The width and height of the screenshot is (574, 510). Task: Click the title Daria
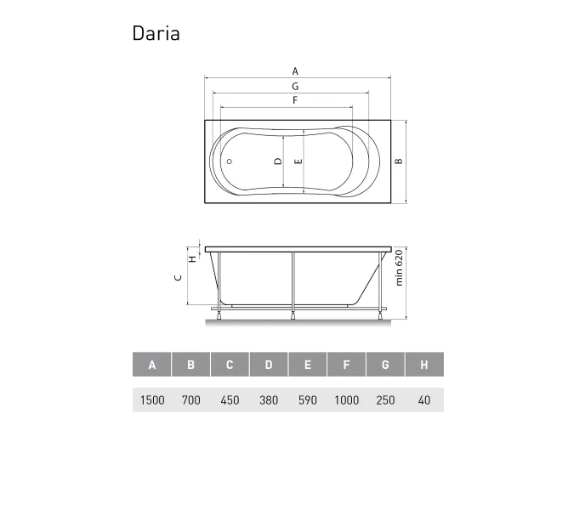(x=156, y=33)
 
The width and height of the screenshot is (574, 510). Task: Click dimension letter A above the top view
(x=294, y=71)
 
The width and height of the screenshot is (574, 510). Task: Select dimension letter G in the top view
(x=294, y=87)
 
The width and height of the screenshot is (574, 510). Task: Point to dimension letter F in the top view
(x=294, y=100)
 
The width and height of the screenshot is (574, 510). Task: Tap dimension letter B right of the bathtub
(x=397, y=161)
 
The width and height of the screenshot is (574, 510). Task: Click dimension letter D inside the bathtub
(x=276, y=161)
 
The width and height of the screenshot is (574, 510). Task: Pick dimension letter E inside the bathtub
(x=298, y=161)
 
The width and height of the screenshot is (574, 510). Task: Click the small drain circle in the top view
(x=227, y=161)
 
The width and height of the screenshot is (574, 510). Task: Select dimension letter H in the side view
(x=192, y=258)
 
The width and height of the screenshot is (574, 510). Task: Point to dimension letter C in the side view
(x=177, y=277)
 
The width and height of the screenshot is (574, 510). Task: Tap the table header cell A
(x=152, y=365)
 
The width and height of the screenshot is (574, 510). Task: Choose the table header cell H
(x=423, y=365)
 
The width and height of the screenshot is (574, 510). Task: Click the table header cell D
(x=269, y=365)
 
